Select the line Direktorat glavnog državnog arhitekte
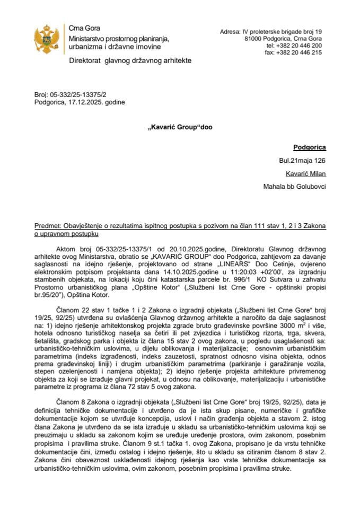(x=130, y=61)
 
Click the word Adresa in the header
(x=231, y=32)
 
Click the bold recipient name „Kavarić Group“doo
(x=180, y=128)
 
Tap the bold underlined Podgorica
(x=310, y=148)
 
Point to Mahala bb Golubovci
(x=295, y=186)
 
